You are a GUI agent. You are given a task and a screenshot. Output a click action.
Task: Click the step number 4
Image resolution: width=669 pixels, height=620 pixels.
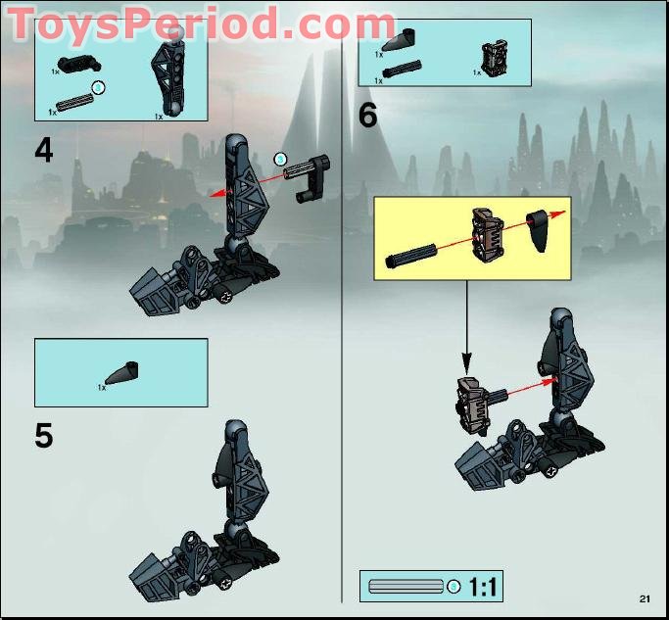pos(44,150)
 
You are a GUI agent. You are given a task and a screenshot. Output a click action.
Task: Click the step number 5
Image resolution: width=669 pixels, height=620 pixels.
pos(44,435)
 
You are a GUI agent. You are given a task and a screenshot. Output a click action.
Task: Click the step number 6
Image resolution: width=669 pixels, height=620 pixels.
pos(368,116)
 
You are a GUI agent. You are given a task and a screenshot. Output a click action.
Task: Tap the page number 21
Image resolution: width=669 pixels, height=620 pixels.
pos(644,598)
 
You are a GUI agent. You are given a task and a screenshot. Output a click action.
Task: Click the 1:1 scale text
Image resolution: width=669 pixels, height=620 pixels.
pos(484,587)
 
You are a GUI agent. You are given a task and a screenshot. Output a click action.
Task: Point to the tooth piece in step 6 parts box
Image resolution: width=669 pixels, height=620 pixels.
pos(405,46)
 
